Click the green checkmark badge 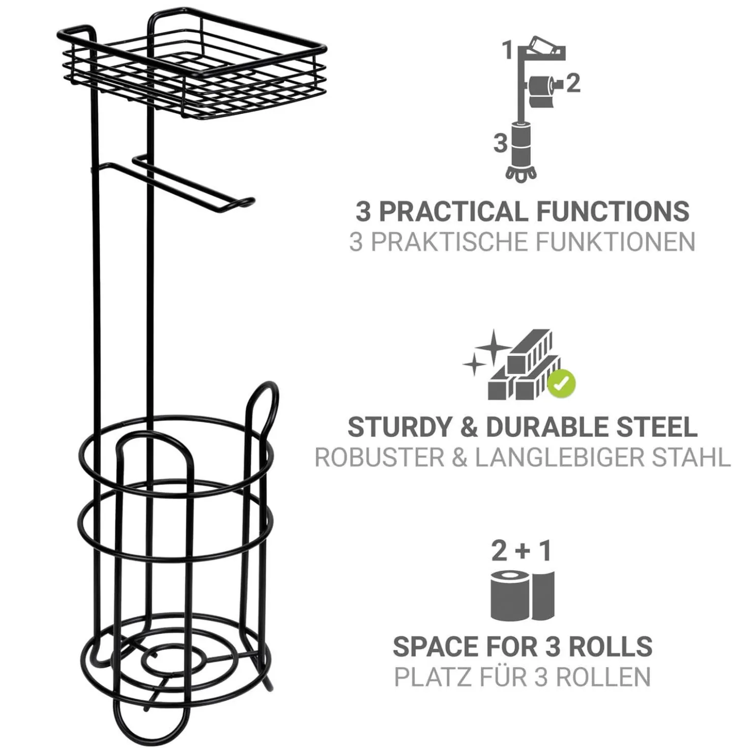click(561, 384)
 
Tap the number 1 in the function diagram click(508, 52)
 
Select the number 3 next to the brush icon click(501, 144)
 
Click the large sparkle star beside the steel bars click(494, 346)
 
